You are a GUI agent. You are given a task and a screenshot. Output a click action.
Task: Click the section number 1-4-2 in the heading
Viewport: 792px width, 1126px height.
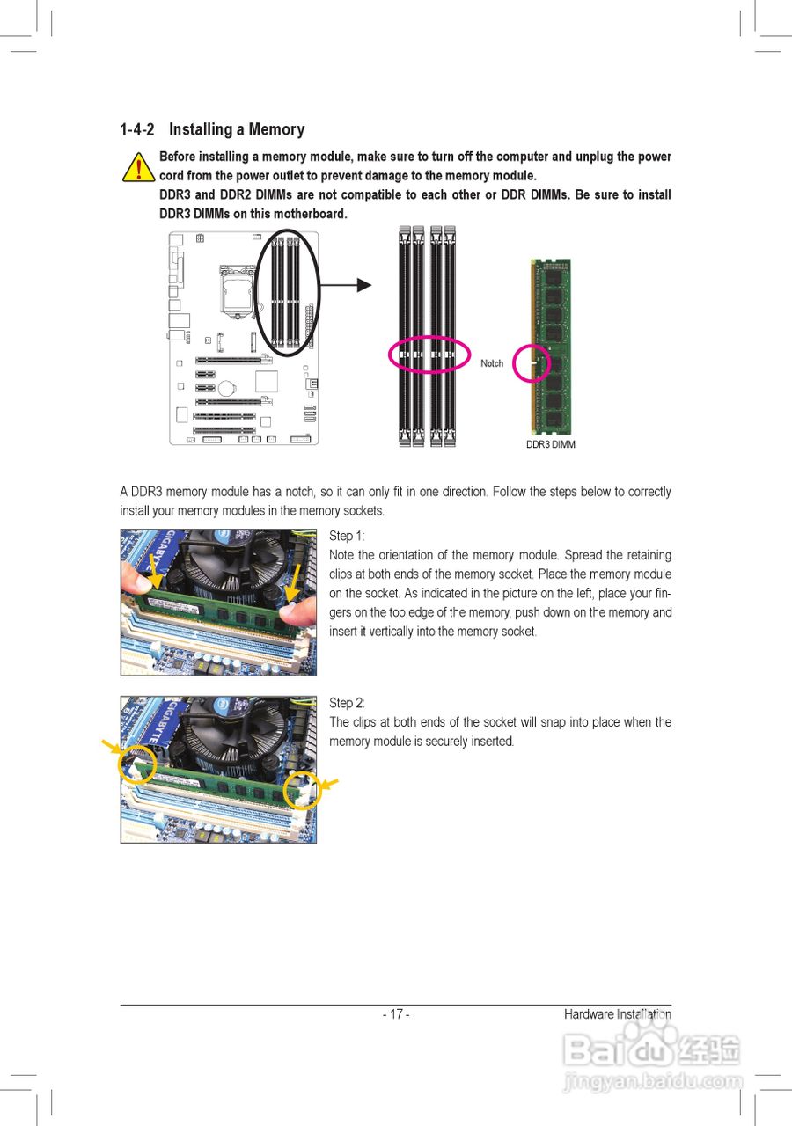pos(137,130)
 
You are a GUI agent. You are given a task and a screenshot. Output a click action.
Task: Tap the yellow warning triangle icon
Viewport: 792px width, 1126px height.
pos(138,166)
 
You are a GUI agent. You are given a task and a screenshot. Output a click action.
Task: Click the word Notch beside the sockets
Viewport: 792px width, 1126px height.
pos(492,363)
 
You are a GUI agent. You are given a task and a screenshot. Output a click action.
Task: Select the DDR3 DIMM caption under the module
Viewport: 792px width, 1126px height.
pos(551,445)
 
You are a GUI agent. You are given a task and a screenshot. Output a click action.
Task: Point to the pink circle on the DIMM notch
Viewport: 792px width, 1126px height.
pos(531,363)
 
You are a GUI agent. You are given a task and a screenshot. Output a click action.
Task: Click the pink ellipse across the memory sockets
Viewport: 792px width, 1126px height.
pos(429,355)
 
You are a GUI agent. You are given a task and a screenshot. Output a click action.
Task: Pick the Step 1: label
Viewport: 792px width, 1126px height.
pos(347,536)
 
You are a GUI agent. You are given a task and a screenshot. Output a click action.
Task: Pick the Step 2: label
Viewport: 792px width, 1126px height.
pos(347,703)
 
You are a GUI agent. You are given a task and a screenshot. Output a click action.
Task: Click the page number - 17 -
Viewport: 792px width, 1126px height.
pos(396,1014)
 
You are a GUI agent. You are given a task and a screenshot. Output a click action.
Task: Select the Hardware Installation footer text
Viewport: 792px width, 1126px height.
pos(617,1014)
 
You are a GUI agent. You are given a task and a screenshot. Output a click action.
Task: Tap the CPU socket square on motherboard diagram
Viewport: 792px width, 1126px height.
pos(232,294)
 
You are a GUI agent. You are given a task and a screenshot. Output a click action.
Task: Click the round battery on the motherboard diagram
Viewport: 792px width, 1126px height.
pos(228,386)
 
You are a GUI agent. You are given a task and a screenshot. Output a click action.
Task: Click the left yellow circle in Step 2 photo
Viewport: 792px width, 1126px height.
pos(137,764)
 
